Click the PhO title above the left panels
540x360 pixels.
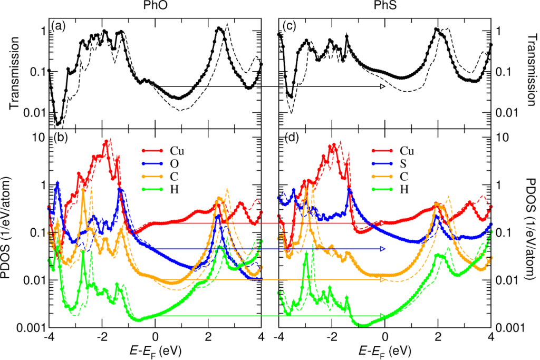click(x=155, y=7)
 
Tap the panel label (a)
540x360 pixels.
click(x=57, y=25)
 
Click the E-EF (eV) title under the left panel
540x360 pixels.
click(x=154, y=350)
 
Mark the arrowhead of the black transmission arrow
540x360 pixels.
click(x=382, y=86)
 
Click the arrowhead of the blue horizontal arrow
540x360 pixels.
click(x=382, y=248)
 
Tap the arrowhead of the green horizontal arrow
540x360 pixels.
click(x=382, y=316)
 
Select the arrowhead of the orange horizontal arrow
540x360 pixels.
click(x=382, y=279)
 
